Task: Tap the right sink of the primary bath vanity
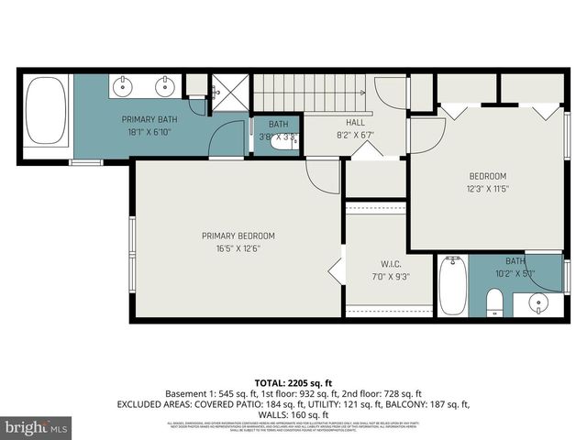tap(166, 88)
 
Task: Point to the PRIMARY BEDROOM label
tap(238, 236)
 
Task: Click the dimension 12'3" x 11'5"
tap(487, 190)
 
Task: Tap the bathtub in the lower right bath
tap(453, 285)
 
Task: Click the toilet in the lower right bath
tap(493, 302)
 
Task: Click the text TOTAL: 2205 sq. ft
tap(293, 382)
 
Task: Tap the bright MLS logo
tap(36, 427)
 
